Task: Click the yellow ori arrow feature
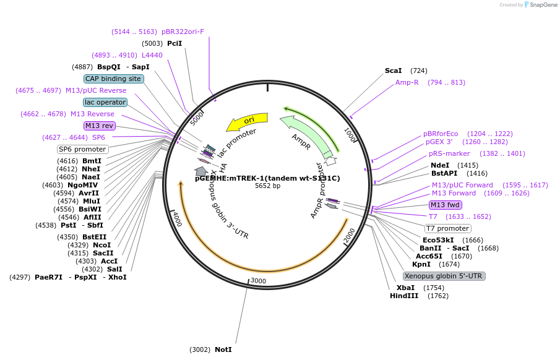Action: [247, 121]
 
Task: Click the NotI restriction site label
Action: [223, 349]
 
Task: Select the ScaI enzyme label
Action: [393, 71]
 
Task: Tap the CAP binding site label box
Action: [114, 79]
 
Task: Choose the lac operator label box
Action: [105, 102]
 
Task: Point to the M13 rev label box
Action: [100, 126]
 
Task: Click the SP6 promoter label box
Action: [83, 149]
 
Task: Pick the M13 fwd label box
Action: [446, 205]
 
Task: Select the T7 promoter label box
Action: [447, 228]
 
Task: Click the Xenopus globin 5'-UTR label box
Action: [444, 276]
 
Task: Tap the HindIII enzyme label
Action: [404, 296]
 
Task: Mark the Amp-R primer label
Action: [407, 82]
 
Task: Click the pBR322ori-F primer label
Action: [183, 32]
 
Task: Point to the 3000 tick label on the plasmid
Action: [258, 281]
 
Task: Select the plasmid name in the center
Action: [267, 178]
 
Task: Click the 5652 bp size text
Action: [267, 186]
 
